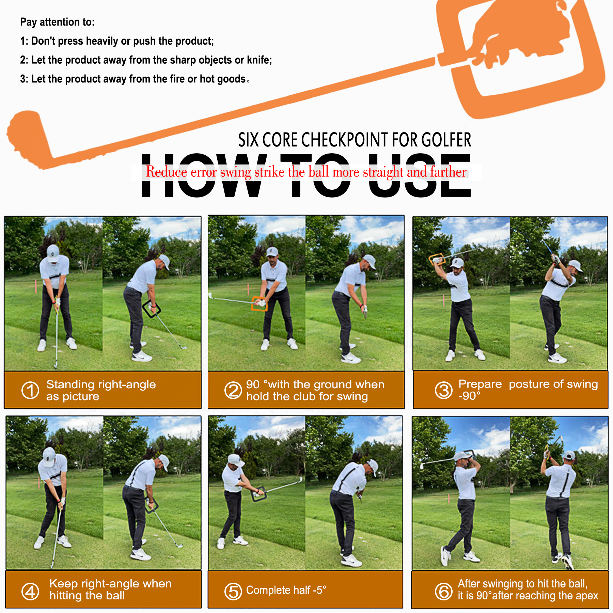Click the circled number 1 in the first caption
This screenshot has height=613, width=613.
tap(30, 390)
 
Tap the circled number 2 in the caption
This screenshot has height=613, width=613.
tap(233, 390)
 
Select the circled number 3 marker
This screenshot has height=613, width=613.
tap(444, 390)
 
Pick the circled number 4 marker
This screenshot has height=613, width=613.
tap(30, 592)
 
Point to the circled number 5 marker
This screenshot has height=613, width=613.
tap(233, 592)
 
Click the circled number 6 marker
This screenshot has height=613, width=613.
tap(444, 592)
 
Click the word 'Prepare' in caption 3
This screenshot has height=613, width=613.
tap(480, 384)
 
